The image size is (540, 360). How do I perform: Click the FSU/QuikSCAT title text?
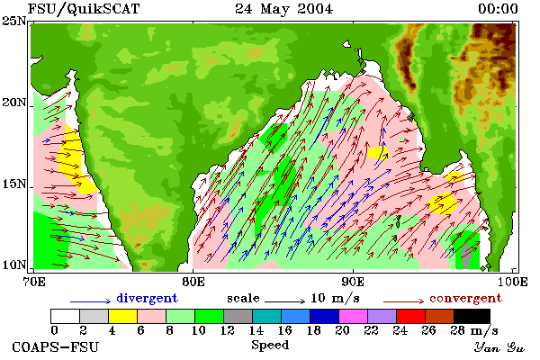84,9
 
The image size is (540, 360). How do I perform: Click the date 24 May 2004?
284,9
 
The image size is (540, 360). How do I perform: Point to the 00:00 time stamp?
498,9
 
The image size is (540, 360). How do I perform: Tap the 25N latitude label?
13,21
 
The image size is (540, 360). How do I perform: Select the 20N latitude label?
13,103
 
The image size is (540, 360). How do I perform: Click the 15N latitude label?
13,184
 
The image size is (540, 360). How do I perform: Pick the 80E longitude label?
193,282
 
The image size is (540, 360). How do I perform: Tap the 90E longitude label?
353,282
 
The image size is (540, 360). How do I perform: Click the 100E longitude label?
512,282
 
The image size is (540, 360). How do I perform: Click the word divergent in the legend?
147,298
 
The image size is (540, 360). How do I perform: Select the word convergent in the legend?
465,298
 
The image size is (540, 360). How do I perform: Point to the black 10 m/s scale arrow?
284,301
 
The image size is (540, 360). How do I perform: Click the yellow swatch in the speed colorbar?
122,316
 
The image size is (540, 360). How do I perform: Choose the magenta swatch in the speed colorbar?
353,316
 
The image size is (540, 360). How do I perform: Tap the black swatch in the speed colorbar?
472,316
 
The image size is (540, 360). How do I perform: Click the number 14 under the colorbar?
256,330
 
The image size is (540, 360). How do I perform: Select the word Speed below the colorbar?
270,346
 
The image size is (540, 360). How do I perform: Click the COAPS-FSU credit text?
56,346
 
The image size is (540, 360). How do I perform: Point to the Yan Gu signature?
499,347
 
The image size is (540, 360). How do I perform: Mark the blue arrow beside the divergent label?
91,301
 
